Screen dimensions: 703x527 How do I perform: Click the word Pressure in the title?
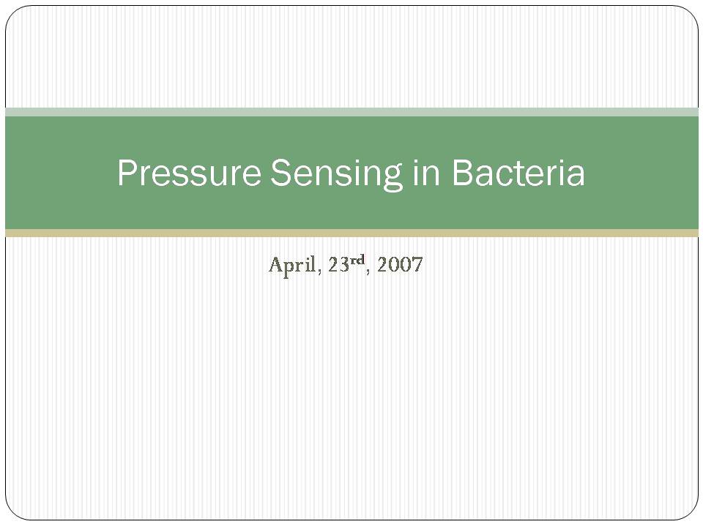pos(189,172)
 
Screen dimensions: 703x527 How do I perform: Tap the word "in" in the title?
pos(426,172)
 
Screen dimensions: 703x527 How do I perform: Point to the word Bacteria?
pos(518,172)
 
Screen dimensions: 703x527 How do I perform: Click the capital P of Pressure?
pos(127,172)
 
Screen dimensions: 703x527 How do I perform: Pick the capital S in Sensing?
pos(280,172)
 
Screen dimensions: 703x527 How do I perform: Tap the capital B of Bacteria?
pos(462,172)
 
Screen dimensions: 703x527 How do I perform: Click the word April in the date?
pos(292,265)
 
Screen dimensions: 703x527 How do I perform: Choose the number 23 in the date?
pos(338,265)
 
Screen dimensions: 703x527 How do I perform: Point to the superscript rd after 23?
pos(357,259)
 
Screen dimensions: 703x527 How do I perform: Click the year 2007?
pos(400,265)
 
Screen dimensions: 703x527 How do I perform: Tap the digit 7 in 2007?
pos(417,265)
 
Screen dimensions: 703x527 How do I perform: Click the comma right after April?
pos(319,272)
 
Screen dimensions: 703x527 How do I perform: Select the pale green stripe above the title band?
pos(351,112)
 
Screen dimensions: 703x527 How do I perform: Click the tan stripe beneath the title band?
pos(351,233)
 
